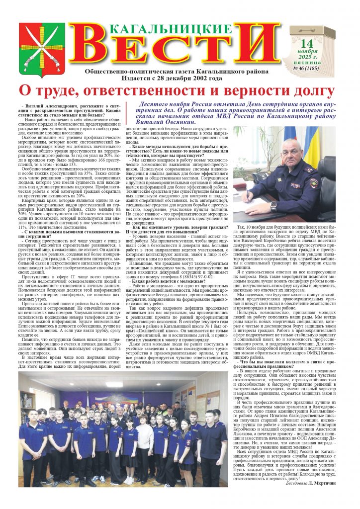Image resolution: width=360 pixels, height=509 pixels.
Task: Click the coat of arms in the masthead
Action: [x=42, y=46]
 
